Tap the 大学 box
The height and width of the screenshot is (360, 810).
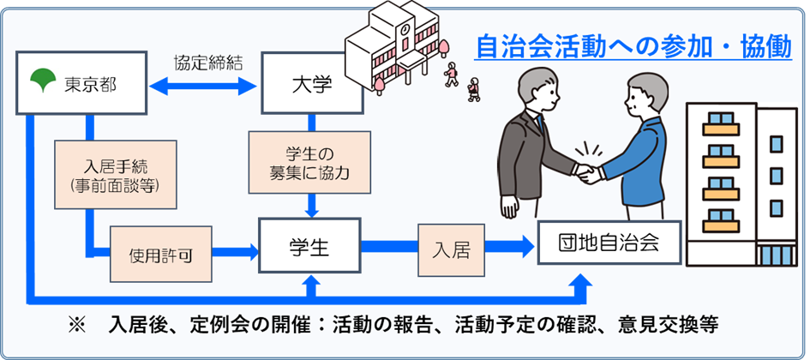311,85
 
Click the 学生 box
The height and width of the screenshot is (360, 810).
309,248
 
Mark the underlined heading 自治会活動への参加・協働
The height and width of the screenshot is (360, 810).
633,47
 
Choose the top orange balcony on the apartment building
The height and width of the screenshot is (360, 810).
720,126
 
